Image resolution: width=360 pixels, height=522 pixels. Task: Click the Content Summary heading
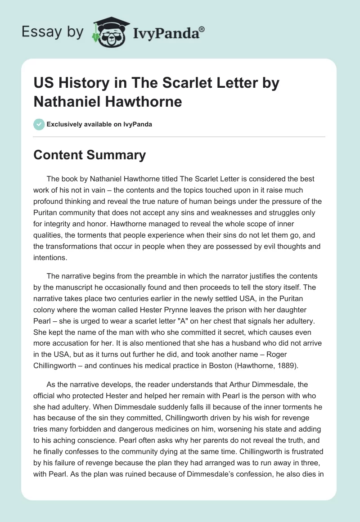tap(90, 155)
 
